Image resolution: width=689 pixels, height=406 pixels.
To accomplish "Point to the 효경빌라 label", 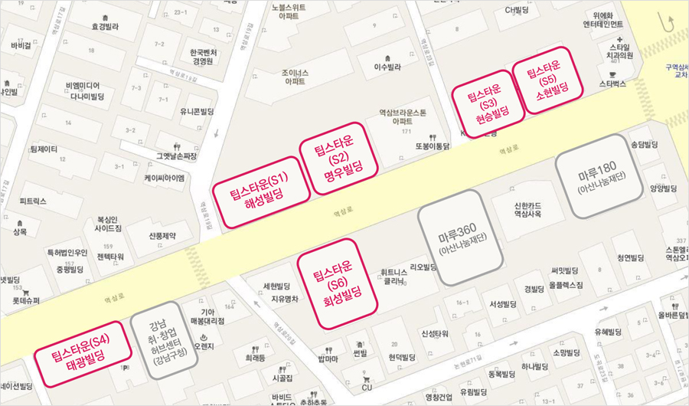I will click(x=106, y=25).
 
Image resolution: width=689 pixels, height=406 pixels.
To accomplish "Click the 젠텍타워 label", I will click(x=110, y=256).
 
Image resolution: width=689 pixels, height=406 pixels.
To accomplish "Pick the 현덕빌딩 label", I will click(x=401, y=356).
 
